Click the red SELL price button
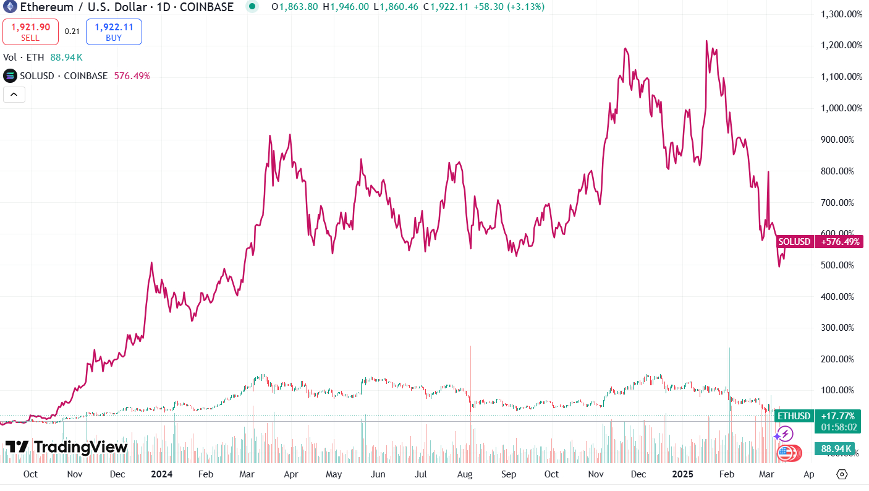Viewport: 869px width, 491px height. pyautogui.click(x=30, y=32)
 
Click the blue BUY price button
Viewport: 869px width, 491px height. pyautogui.click(x=114, y=32)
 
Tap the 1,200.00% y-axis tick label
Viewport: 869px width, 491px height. pyautogui.click(x=841, y=45)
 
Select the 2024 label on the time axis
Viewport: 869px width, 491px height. pyautogui.click(x=161, y=474)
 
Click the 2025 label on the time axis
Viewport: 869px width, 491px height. pyautogui.click(x=684, y=474)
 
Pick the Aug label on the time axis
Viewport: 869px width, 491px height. pyautogui.click(x=465, y=474)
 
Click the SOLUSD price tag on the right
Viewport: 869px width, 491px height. pyautogui.click(x=794, y=242)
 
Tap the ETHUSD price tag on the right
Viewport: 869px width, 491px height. pyautogui.click(x=794, y=416)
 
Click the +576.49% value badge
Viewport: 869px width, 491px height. pyautogui.click(x=840, y=242)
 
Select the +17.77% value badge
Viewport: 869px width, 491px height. pyautogui.click(x=837, y=416)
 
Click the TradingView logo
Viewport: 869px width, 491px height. pyautogui.click(x=67, y=446)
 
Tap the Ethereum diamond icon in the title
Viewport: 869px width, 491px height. pyautogui.click(x=9, y=7)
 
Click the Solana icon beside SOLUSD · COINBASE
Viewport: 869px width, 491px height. pyautogui.click(x=10, y=76)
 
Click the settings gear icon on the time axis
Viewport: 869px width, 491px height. pyautogui.click(x=842, y=474)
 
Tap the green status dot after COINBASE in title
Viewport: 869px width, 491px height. pyautogui.click(x=252, y=7)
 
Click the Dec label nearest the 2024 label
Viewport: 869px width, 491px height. pyautogui.click(x=117, y=474)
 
